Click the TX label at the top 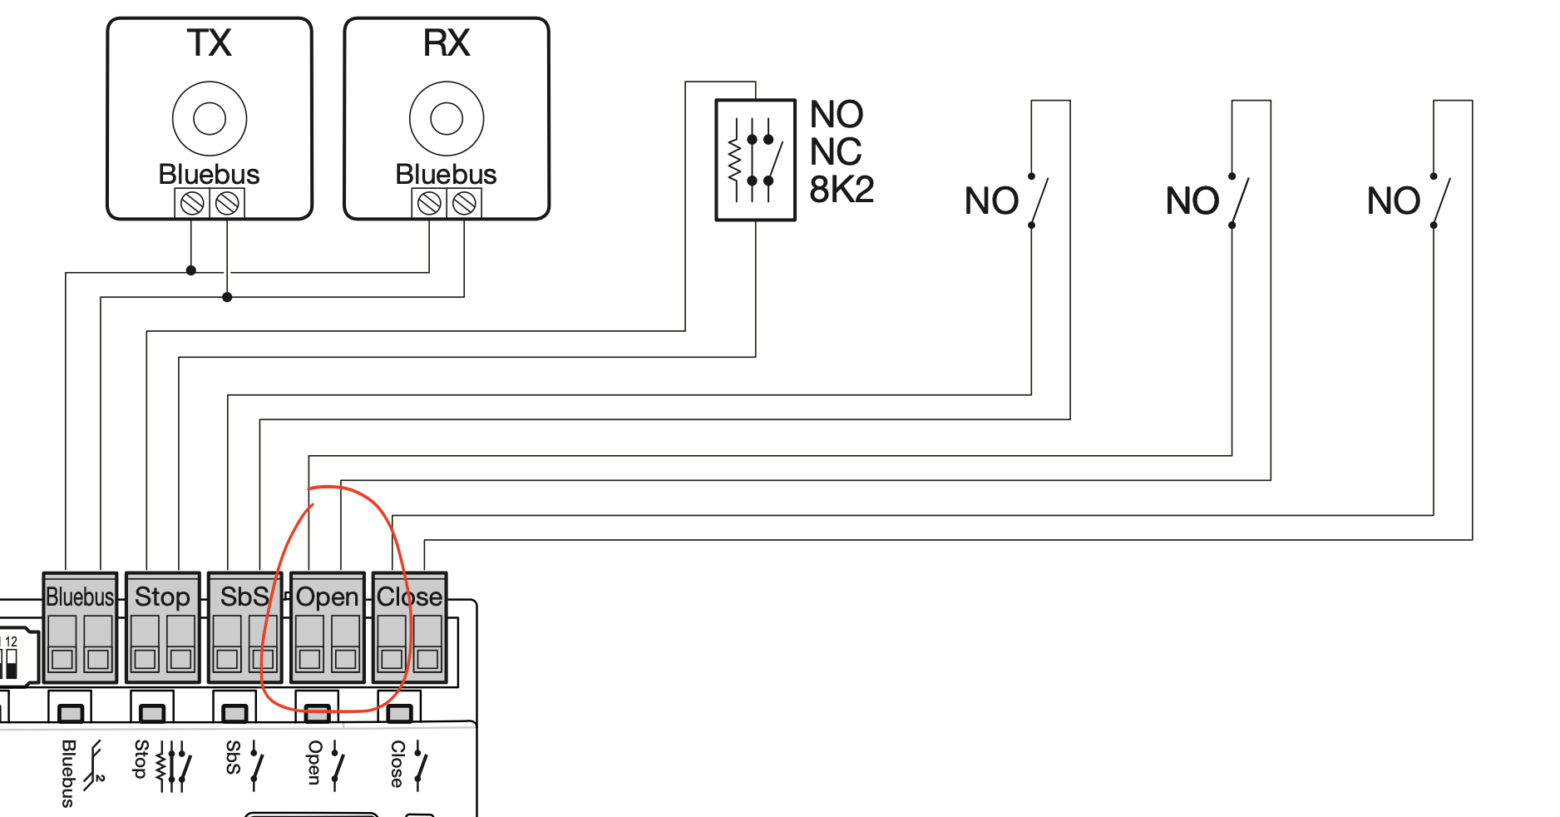(209, 43)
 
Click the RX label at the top (447, 43)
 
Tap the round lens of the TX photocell (210, 118)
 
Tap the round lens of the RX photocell (447, 118)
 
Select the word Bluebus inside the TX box (209, 174)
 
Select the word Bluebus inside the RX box (446, 174)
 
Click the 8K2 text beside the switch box (842, 190)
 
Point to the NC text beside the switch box (836, 151)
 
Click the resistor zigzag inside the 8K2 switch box (734, 161)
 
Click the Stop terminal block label (162, 597)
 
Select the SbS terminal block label (244, 597)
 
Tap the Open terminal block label (327, 597)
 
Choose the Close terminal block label (409, 597)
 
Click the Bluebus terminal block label (80, 597)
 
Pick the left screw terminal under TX (192, 203)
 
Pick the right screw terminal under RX (464, 203)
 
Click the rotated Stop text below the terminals (141, 759)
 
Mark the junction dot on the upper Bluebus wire (191, 270)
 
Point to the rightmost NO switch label (1394, 201)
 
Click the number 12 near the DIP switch (11, 641)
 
